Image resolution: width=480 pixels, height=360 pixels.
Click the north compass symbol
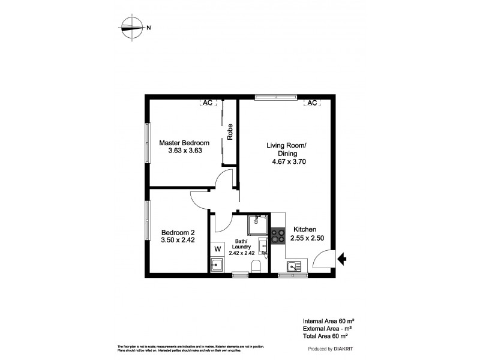[x=132, y=27]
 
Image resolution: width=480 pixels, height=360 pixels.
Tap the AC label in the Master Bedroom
[x=207, y=103]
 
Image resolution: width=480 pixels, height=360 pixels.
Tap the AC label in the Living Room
[x=311, y=103]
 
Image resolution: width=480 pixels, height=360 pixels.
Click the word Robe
[x=229, y=130]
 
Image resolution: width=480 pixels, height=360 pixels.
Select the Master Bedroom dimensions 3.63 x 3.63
[x=184, y=151]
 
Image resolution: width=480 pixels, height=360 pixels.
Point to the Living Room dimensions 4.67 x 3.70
[x=289, y=161]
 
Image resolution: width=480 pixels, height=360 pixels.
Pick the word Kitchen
[x=304, y=229]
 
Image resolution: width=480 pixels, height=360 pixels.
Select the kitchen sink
[x=295, y=267]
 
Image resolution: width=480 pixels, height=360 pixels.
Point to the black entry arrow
[x=342, y=259]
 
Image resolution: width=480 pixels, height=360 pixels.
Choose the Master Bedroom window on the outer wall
[x=147, y=142]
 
